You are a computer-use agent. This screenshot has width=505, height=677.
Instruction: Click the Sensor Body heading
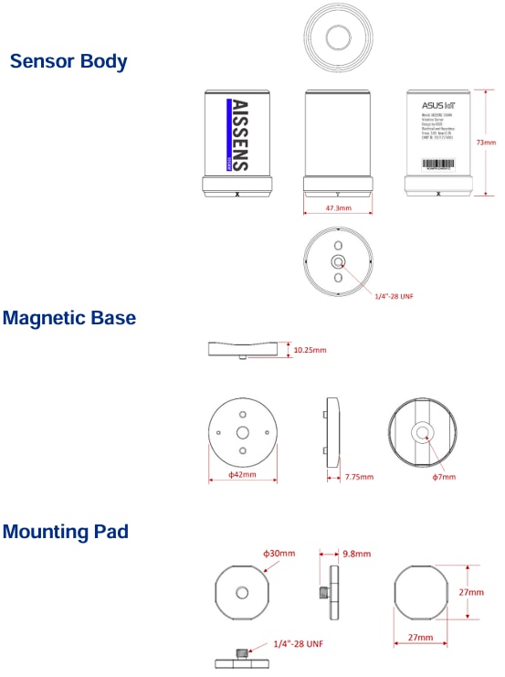tap(68, 62)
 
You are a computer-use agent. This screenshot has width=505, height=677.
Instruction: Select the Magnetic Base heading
tap(69, 318)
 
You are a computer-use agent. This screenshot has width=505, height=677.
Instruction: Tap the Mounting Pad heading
tap(66, 531)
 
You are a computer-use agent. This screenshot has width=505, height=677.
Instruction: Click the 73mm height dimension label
tap(487, 143)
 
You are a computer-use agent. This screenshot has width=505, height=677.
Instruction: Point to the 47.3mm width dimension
tap(339, 208)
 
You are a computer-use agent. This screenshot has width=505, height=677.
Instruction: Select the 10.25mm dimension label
tap(310, 350)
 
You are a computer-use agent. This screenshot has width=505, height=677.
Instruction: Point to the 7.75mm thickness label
tap(360, 476)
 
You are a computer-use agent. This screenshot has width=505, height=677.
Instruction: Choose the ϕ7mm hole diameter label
tap(444, 476)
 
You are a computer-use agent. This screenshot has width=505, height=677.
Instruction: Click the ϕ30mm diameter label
tap(279, 554)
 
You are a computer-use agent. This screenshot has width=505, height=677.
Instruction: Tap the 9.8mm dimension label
tap(354, 554)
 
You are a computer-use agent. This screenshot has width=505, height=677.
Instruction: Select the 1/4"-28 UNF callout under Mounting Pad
tap(298, 644)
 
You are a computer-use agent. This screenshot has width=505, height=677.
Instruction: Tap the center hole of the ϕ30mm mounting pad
tap(242, 593)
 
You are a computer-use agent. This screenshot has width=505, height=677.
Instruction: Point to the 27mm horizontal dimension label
tap(419, 635)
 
